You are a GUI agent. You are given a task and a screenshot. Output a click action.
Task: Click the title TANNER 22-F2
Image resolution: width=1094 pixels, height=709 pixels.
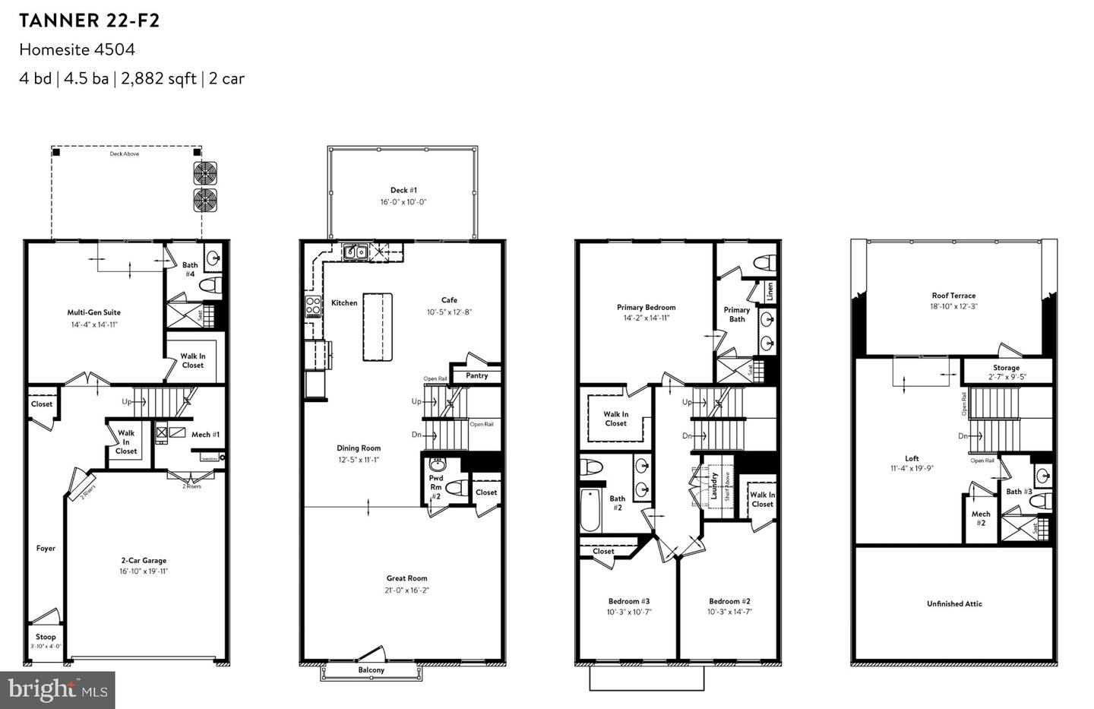(x=90, y=21)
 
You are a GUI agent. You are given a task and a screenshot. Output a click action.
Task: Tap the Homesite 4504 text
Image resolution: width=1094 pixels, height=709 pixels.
(x=77, y=49)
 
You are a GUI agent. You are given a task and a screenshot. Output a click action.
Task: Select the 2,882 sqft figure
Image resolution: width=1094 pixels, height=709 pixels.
(x=158, y=78)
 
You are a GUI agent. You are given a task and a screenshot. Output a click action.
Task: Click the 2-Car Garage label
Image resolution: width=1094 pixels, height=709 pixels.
(x=143, y=561)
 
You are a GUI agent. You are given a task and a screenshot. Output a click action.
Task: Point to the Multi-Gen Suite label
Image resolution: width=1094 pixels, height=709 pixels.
(x=94, y=312)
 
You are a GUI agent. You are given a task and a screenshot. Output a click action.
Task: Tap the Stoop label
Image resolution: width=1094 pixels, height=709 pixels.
(x=46, y=637)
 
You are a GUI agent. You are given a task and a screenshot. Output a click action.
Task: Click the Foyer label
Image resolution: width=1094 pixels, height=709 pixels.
(x=46, y=548)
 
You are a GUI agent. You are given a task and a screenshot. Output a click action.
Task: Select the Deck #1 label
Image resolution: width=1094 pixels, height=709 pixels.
(x=403, y=190)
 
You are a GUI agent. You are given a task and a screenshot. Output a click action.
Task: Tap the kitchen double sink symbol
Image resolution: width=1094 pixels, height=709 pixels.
(x=355, y=252)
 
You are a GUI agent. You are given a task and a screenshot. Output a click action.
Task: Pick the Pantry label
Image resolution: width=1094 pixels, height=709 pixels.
(x=476, y=375)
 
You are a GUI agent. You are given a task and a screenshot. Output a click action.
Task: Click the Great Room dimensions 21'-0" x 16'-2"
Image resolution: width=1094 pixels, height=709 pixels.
(x=406, y=590)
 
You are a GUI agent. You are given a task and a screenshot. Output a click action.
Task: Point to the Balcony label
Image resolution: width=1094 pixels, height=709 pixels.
(x=372, y=670)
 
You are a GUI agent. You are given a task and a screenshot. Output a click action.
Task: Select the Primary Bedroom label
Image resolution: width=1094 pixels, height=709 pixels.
(x=646, y=308)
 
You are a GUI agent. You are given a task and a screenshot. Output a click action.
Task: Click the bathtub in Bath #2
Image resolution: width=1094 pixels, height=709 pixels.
(x=590, y=511)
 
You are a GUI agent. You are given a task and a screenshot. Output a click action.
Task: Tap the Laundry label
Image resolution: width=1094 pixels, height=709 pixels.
(x=714, y=486)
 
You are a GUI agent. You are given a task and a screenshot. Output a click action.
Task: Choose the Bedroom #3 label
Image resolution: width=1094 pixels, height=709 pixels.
(x=628, y=601)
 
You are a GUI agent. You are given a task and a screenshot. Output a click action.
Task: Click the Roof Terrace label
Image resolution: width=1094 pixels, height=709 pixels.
(x=953, y=296)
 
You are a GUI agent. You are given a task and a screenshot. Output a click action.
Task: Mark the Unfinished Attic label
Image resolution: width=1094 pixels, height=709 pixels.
(x=954, y=604)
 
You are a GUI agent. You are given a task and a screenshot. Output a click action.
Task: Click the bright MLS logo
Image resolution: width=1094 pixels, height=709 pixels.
(x=58, y=690)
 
